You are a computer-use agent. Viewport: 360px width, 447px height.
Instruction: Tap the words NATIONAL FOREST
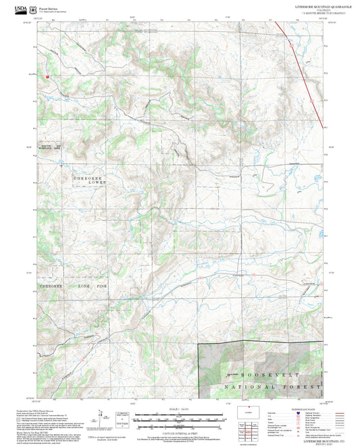click(274, 387)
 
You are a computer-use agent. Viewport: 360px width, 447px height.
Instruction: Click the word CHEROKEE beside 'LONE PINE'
click(51, 286)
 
